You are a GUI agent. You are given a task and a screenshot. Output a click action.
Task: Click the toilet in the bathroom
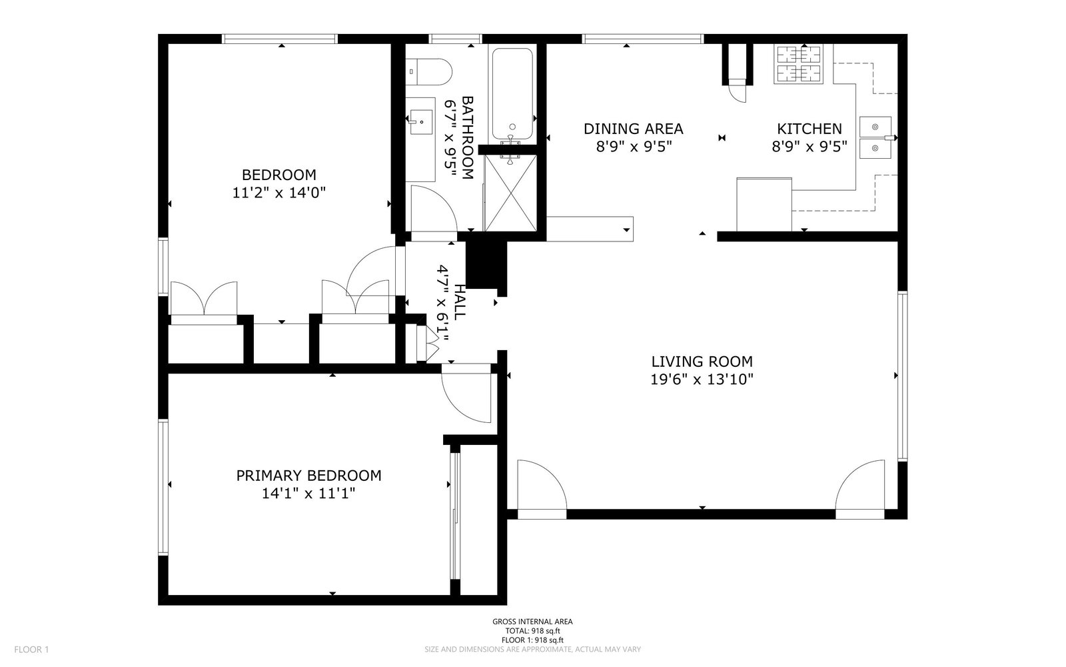click(x=428, y=71)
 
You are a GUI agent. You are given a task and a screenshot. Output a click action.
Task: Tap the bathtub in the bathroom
click(x=512, y=93)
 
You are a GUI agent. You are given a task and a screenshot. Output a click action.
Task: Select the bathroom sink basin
click(x=421, y=122)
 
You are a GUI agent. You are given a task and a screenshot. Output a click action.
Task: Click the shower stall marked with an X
click(x=510, y=193)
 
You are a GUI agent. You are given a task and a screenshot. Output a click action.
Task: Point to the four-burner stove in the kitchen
click(x=799, y=64)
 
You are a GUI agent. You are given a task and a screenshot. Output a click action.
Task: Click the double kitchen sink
click(x=875, y=137)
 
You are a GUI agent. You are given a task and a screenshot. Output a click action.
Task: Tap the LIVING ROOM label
click(x=702, y=362)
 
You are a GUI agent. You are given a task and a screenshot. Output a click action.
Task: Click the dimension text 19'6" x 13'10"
click(x=702, y=380)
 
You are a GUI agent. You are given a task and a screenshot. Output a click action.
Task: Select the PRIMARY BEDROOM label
click(x=309, y=476)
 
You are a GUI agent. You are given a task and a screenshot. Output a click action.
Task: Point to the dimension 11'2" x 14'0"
click(x=279, y=193)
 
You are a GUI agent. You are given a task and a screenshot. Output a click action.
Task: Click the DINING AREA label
click(x=634, y=129)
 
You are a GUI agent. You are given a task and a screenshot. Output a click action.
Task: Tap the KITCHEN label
click(x=809, y=129)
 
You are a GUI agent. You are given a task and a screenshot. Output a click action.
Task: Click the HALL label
click(x=460, y=302)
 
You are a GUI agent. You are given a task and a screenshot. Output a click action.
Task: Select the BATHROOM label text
click(x=467, y=137)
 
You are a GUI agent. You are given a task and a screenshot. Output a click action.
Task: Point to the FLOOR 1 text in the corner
click(x=31, y=650)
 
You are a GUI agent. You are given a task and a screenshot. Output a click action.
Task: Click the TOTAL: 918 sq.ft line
click(x=532, y=631)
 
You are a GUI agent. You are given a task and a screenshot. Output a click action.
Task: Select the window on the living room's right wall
click(x=902, y=376)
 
